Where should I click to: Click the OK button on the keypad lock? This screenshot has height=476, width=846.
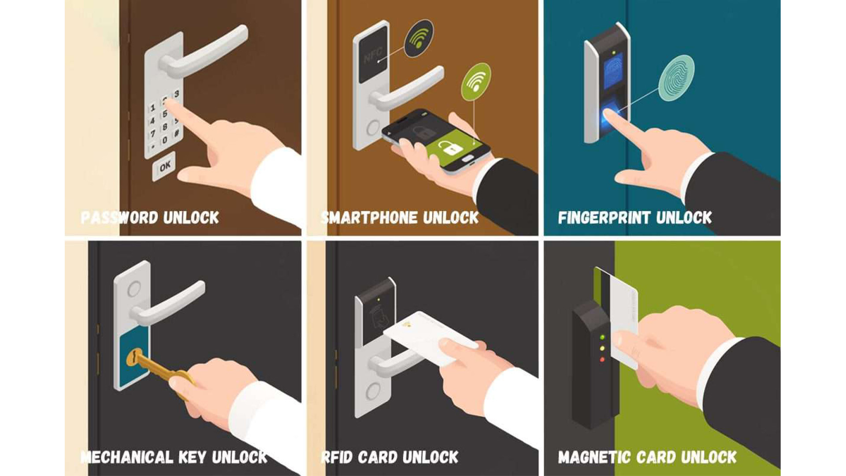pos(164,166)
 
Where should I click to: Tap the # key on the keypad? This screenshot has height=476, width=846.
pos(177,133)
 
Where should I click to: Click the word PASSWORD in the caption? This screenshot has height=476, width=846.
pos(119,217)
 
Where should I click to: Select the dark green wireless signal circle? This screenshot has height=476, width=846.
pos(419,38)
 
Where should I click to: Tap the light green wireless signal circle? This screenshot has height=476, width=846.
pos(476,82)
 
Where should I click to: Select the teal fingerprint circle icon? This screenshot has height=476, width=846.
pos(676,78)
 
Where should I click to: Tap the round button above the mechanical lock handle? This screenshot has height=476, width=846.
pos(134,289)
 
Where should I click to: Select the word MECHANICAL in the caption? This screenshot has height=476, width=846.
pos(127,457)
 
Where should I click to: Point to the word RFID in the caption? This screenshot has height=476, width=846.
pos(337,457)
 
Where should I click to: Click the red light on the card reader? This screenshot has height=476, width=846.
pos(602,359)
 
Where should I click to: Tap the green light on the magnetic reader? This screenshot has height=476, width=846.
pos(602,338)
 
